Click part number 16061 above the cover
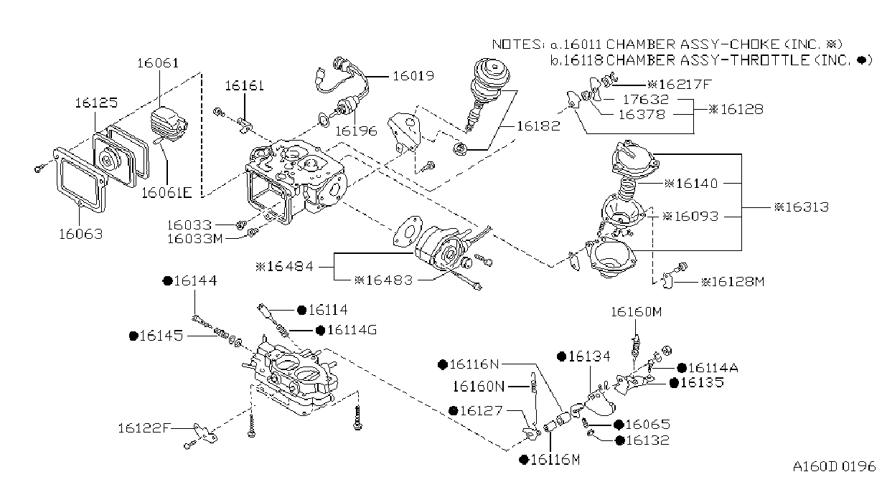pos(158,63)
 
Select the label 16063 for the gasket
pos(80,234)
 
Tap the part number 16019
pos(413,75)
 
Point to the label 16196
pos(356,131)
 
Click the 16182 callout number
pos(538,126)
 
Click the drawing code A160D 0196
pos(834,466)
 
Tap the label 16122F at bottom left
pos(144,427)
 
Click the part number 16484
pos(290,267)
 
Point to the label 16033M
pos(195,239)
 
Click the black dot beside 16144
pos(168,281)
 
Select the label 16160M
pos(636,312)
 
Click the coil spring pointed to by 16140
pos(627,189)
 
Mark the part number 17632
pos(646,99)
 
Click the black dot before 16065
pos(619,425)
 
